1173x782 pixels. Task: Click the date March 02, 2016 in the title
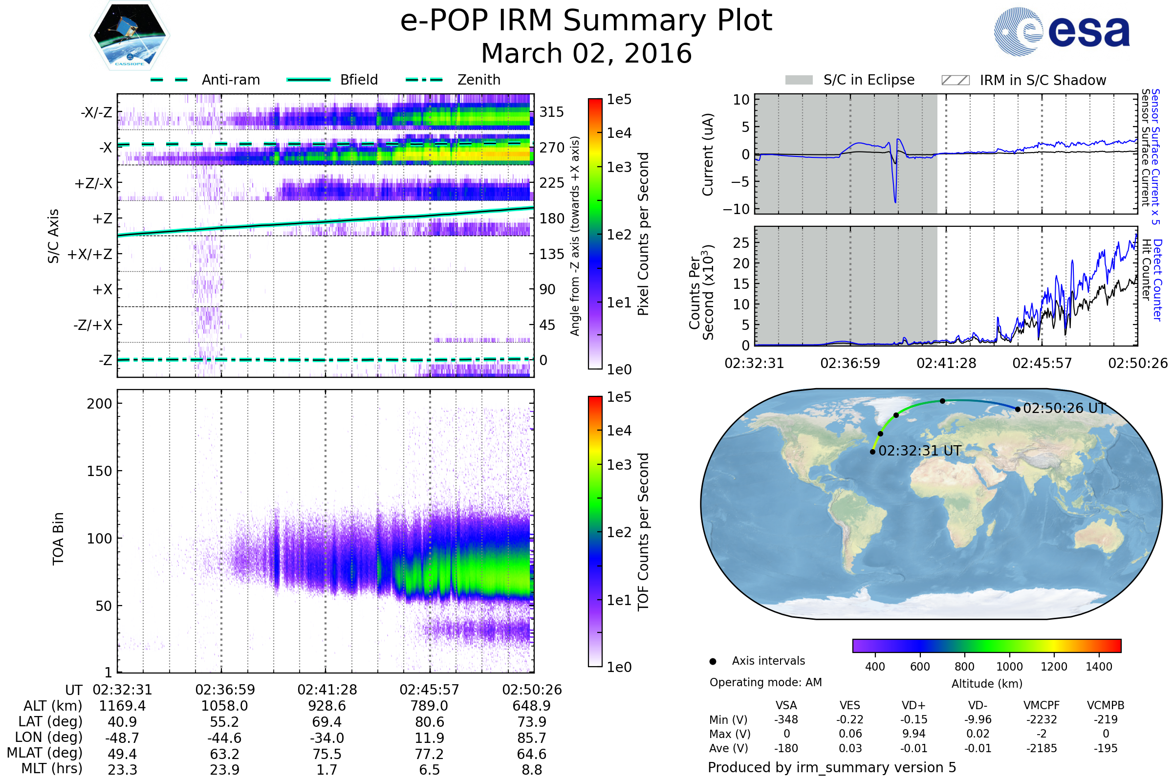point(586,53)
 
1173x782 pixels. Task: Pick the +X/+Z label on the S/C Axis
point(90,254)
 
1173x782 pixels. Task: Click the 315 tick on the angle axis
point(552,112)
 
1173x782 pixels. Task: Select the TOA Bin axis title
point(58,539)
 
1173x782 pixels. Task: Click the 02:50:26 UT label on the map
point(1064,409)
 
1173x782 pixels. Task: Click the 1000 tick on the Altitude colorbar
point(1009,667)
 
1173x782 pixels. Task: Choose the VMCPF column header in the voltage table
point(1042,705)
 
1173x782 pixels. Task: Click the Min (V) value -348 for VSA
point(786,719)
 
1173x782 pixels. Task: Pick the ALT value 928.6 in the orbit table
point(327,706)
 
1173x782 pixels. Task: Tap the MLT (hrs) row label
point(52,768)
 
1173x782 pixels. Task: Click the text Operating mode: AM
point(765,682)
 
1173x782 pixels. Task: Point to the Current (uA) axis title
point(708,154)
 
